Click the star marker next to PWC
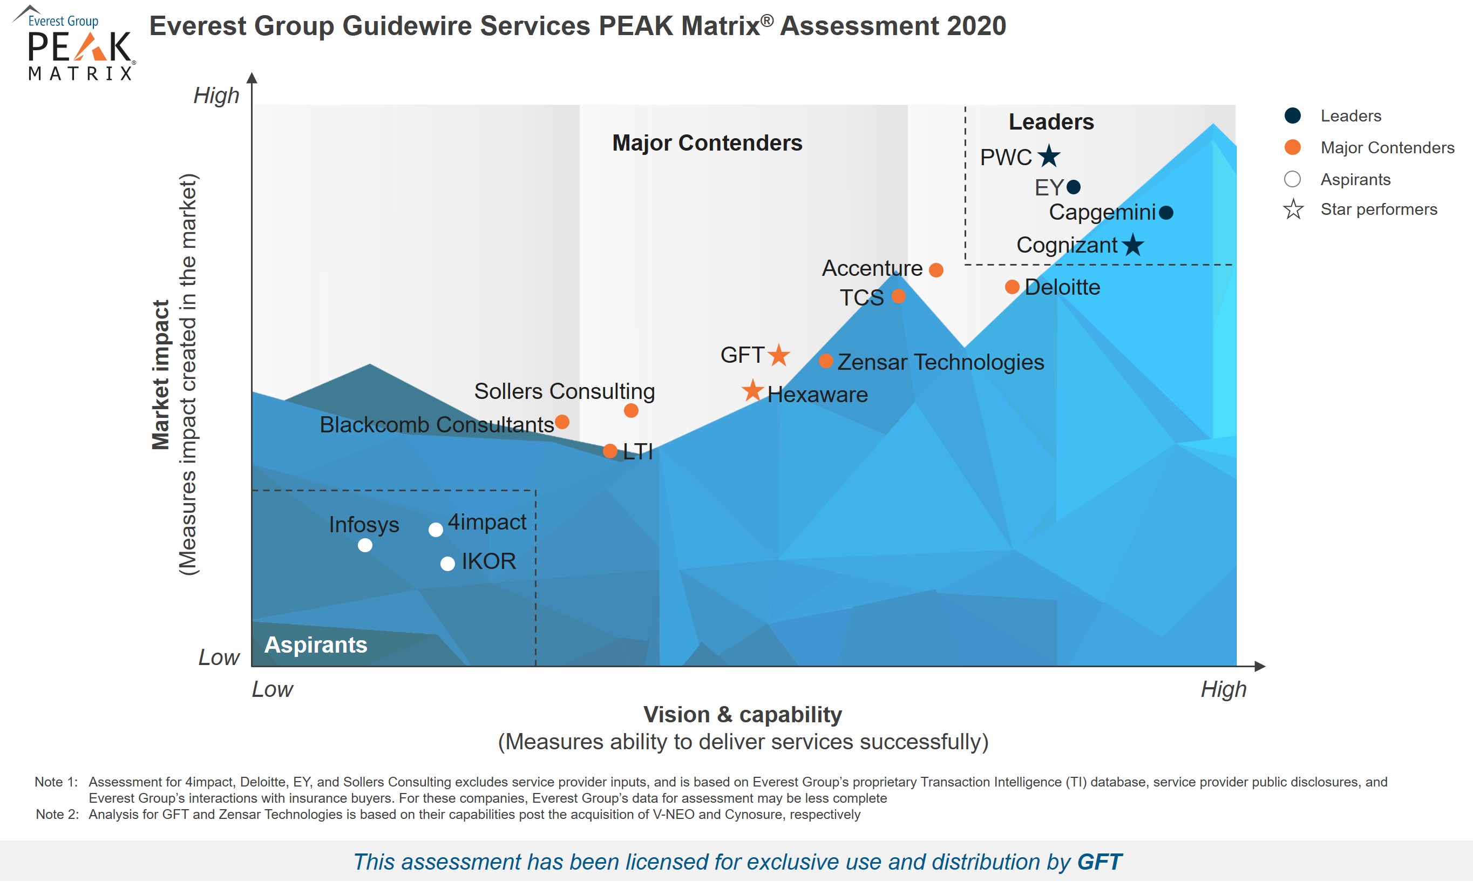[1049, 157]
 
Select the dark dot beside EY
[1074, 187]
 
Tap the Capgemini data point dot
[1166, 212]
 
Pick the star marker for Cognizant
[1133, 245]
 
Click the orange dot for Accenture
[936, 270]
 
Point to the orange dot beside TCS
[899, 296]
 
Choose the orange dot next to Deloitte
[1012, 287]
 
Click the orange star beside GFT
[779, 355]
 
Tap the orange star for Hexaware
[752, 390]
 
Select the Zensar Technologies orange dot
[826, 361]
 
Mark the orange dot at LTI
[610, 451]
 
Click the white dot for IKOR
[447, 563]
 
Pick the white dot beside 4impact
[436, 530]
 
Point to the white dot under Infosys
[365, 545]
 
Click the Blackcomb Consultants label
[437, 424]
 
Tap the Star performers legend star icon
[1293, 209]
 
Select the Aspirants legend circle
[1293, 179]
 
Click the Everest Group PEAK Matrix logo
[74, 43]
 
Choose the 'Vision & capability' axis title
[743, 715]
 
